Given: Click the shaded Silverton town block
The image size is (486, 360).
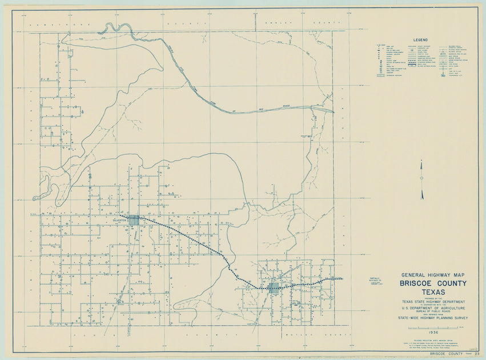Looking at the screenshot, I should pyautogui.click(x=134, y=220).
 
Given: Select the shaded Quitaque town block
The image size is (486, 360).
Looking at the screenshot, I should pyautogui.click(x=274, y=287).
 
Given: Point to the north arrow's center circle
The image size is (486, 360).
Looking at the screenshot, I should pyautogui.click(x=421, y=178).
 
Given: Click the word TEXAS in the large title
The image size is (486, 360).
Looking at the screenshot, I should pyautogui.click(x=433, y=292).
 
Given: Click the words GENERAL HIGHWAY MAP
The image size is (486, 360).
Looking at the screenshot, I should pyautogui.click(x=433, y=275).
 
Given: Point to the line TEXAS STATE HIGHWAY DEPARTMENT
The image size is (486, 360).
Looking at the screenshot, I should pyautogui.click(x=433, y=301).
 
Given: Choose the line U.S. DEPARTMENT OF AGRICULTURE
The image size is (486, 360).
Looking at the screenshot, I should pyautogui.click(x=433, y=308).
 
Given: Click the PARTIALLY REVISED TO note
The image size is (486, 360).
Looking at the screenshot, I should pyautogui.click(x=376, y=280).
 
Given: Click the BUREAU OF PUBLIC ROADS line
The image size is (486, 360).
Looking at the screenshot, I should pyautogui.click(x=433, y=311).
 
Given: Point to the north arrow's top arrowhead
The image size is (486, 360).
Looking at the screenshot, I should pyautogui.click(x=421, y=163).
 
